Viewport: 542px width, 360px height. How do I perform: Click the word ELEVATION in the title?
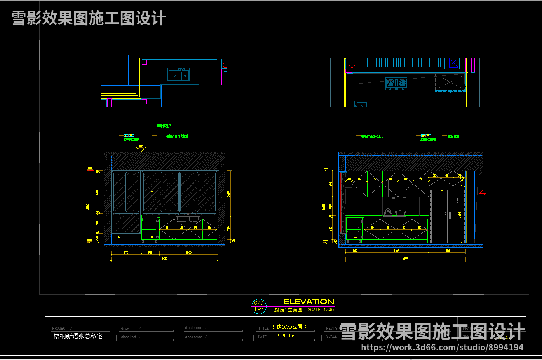coord(308,302)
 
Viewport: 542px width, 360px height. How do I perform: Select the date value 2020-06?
coord(285,336)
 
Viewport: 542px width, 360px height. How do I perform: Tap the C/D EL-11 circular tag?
coord(259,306)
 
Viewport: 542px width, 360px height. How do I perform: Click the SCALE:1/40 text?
coord(321,310)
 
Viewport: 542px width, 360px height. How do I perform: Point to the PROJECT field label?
coord(60,328)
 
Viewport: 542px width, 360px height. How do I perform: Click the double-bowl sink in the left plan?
coord(179,75)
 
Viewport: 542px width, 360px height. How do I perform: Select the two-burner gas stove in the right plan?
coord(396,82)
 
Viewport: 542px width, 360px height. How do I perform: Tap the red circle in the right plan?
coord(352,65)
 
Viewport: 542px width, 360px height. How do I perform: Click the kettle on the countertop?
coord(387,212)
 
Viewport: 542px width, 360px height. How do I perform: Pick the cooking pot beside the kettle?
coord(400,213)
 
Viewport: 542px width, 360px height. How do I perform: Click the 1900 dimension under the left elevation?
coord(188,253)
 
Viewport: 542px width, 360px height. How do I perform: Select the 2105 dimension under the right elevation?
coord(396,251)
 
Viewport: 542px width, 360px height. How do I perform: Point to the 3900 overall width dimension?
coord(406,258)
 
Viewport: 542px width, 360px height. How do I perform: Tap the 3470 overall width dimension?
coord(165,258)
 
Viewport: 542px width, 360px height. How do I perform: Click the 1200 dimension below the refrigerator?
coord(447,251)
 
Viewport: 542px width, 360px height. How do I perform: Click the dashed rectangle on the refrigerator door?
coord(453,201)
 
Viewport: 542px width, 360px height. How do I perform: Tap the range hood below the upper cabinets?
coord(394,198)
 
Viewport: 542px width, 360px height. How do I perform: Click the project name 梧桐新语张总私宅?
coord(78,336)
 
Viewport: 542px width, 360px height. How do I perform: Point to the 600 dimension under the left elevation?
coord(150,253)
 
